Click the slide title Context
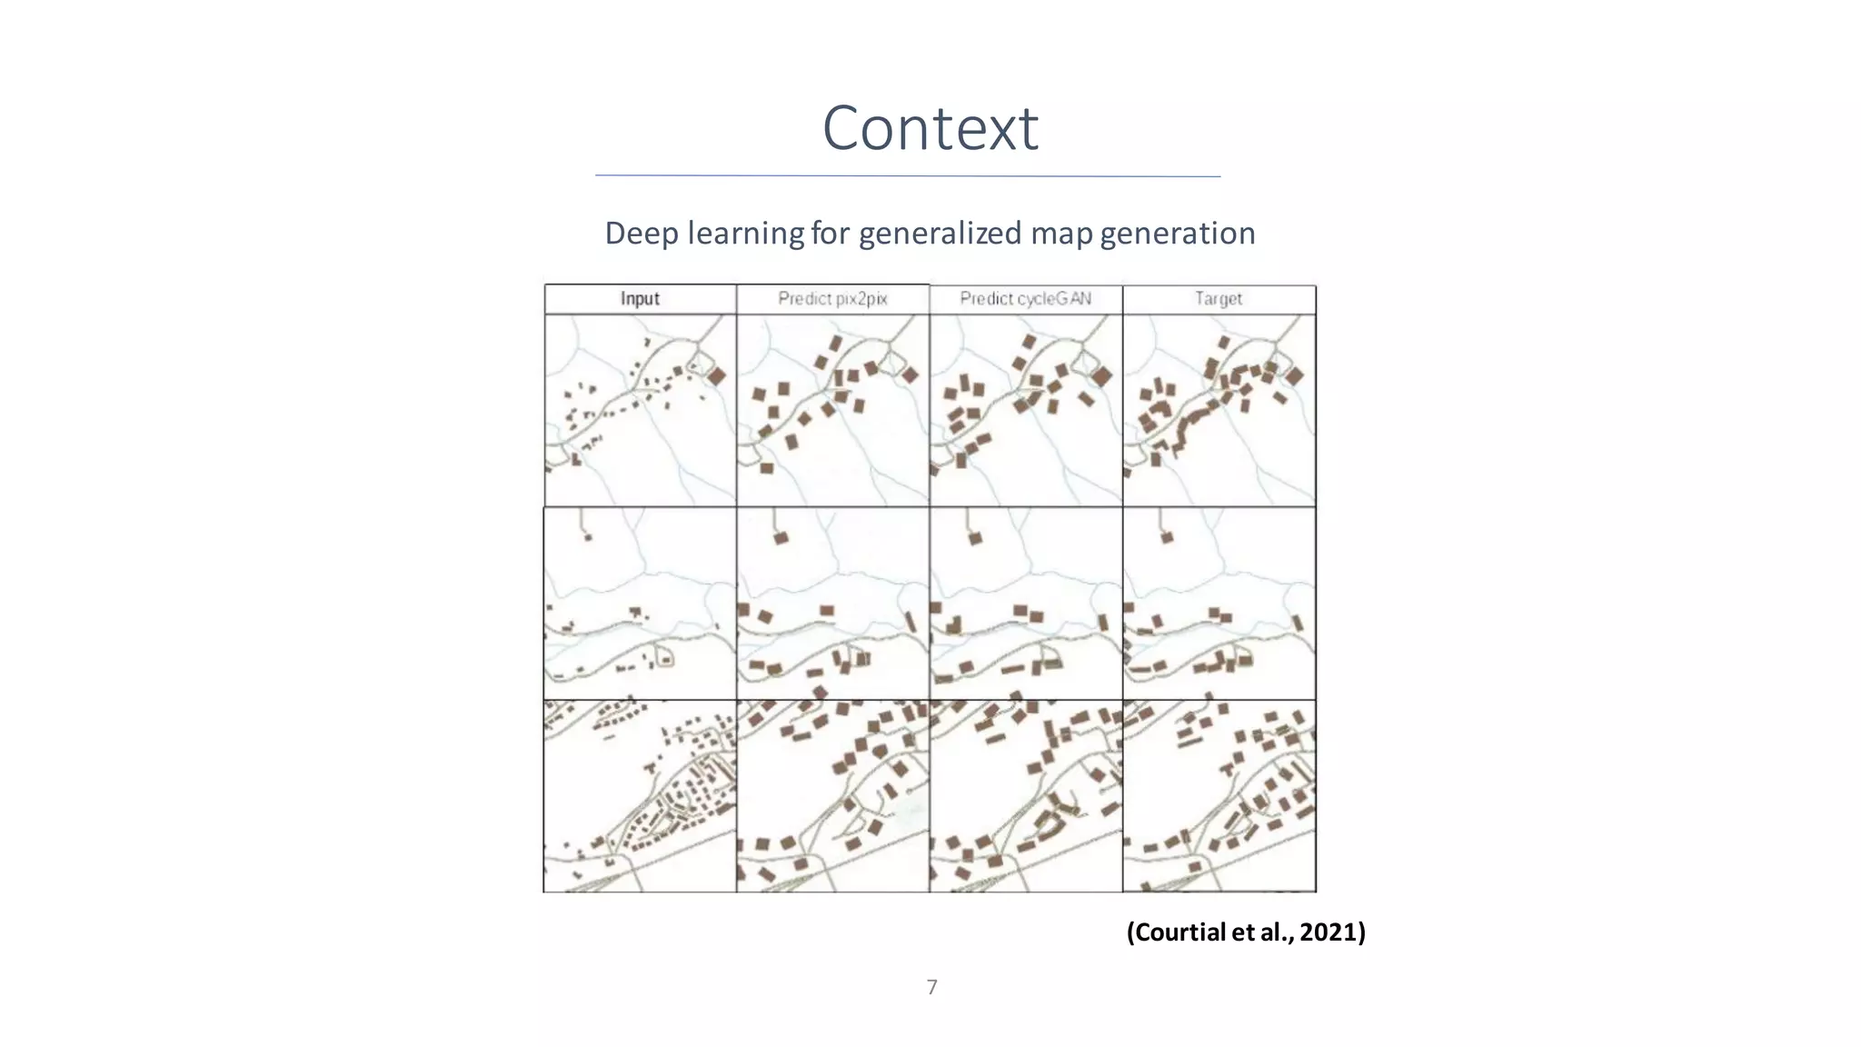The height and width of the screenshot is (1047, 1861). point(930,128)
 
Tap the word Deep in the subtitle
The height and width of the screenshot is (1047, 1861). point(642,234)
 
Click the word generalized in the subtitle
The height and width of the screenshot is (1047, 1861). point(940,234)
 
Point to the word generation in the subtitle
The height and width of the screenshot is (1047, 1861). point(1178,234)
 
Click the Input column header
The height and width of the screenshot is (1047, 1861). point(640,299)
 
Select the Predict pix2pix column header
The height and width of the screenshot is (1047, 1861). point(832,299)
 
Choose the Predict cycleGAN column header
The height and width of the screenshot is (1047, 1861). point(1026,299)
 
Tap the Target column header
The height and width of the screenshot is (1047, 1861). point(1219,299)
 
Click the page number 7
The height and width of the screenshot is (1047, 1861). point(931,987)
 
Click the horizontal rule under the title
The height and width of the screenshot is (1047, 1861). point(908,175)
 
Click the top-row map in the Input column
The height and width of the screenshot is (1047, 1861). point(640,410)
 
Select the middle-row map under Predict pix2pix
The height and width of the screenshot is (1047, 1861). point(832,603)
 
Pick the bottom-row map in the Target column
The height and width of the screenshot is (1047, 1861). point(1219,796)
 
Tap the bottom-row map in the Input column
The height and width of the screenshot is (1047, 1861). point(640,796)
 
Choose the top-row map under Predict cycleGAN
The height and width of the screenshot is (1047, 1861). point(1026,410)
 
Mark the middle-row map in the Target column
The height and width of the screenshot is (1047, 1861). point(1219,603)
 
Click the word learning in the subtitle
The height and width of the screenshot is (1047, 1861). point(745,234)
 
